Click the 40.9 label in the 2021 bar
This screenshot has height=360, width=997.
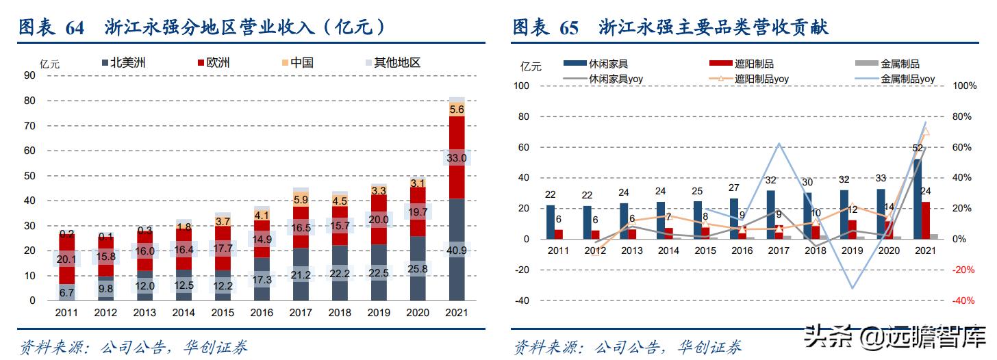coord(457,250)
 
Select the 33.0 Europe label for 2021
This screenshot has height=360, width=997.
coord(457,158)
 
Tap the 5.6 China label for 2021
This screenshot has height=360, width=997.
coord(457,109)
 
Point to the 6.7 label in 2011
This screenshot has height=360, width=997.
coord(66,293)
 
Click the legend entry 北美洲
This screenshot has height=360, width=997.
coord(123,63)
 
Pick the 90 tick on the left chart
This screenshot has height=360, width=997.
coord(29,75)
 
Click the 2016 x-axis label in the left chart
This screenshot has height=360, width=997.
coord(262,312)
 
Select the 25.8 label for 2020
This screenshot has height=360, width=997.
coord(418,269)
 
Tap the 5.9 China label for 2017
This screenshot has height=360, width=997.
coord(301,200)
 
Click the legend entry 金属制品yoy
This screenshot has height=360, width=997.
coord(907,79)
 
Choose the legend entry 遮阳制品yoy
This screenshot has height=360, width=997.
coord(761,79)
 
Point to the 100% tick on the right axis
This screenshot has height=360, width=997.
coord(963,86)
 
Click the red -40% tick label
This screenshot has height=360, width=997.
coord(963,300)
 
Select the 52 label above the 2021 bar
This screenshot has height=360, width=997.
coord(917,148)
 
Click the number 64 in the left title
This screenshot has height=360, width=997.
coord(75,28)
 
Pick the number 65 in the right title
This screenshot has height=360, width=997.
coord(568,28)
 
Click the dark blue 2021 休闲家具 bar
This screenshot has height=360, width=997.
coord(917,199)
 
